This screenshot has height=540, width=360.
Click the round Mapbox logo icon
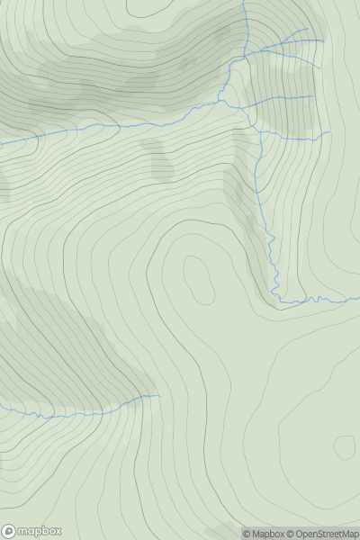pos(9,531)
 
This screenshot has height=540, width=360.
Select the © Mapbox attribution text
pos(265,534)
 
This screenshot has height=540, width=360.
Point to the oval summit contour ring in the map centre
pos(198,279)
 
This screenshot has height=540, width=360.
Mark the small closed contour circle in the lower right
pos(344,445)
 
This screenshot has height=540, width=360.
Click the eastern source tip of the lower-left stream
pos(159,395)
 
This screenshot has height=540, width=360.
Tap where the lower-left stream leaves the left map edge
pos(1,408)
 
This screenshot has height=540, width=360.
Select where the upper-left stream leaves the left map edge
pos(1,143)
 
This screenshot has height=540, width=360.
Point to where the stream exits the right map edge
pos(359,298)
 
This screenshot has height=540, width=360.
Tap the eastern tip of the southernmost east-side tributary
pos(329,133)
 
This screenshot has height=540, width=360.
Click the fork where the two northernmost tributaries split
pos(289,41)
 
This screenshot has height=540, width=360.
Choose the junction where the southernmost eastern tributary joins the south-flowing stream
pos(260,132)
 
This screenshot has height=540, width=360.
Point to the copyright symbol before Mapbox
pos(246,534)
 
